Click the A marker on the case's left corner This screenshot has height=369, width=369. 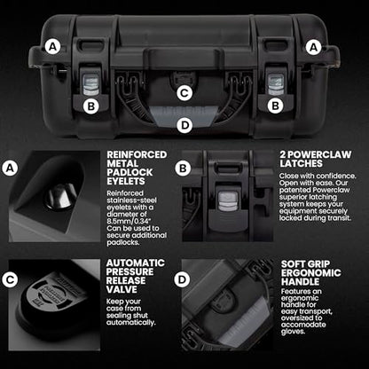coord(53,47)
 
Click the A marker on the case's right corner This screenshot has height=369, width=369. coord(313,47)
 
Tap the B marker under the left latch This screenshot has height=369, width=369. coord(91,106)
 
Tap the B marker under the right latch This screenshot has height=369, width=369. coord(275,106)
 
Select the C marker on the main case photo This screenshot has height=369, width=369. coord(184,93)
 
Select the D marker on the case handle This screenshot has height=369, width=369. coord(184,125)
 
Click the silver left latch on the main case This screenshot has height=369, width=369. coord(90,84)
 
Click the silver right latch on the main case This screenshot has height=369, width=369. coord(276,84)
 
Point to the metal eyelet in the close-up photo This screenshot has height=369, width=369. coord(61,196)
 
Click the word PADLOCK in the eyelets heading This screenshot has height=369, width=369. coord(130,172)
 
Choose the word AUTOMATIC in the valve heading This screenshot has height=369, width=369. coord(136,263)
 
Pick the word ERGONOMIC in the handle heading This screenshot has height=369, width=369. coord(311,272)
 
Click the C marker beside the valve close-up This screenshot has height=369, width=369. coord(11,279)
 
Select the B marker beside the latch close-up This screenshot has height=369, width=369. coord(183,169)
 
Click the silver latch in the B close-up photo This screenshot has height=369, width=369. coord(228,200)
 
